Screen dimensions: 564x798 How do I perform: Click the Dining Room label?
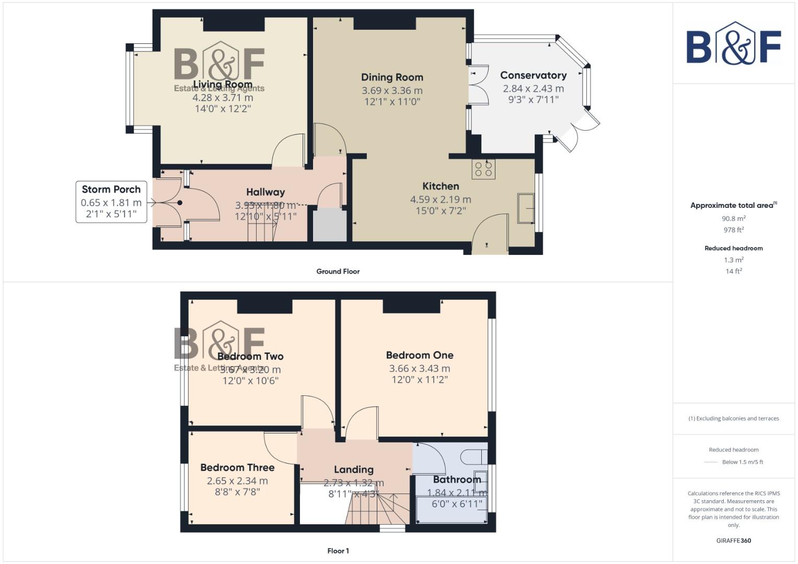(392, 77)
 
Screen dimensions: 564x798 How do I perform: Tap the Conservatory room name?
(533, 75)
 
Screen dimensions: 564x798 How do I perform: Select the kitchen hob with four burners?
(483, 169)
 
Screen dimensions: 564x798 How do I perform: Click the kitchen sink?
(525, 208)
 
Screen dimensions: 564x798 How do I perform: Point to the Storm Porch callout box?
(111, 202)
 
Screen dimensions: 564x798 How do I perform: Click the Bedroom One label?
(420, 355)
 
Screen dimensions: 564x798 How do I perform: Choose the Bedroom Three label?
(237, 467)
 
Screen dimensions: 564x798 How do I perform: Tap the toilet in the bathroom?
(473, 456)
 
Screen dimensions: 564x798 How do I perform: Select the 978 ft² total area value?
(733, 230)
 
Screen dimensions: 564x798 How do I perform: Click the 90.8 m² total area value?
(733, 218)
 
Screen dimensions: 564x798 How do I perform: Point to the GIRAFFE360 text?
(733, 540)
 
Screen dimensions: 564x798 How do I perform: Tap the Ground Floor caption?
(338, 271)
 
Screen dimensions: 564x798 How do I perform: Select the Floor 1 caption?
(338, 550)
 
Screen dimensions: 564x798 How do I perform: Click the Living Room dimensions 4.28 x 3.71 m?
(223, 98)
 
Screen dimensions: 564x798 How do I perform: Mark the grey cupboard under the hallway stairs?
(330, 225)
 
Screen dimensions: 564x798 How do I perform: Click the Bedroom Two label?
(250, 356)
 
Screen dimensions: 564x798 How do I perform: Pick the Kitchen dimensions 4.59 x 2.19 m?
(441, 199)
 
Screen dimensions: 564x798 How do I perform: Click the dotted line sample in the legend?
(711, 462)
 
